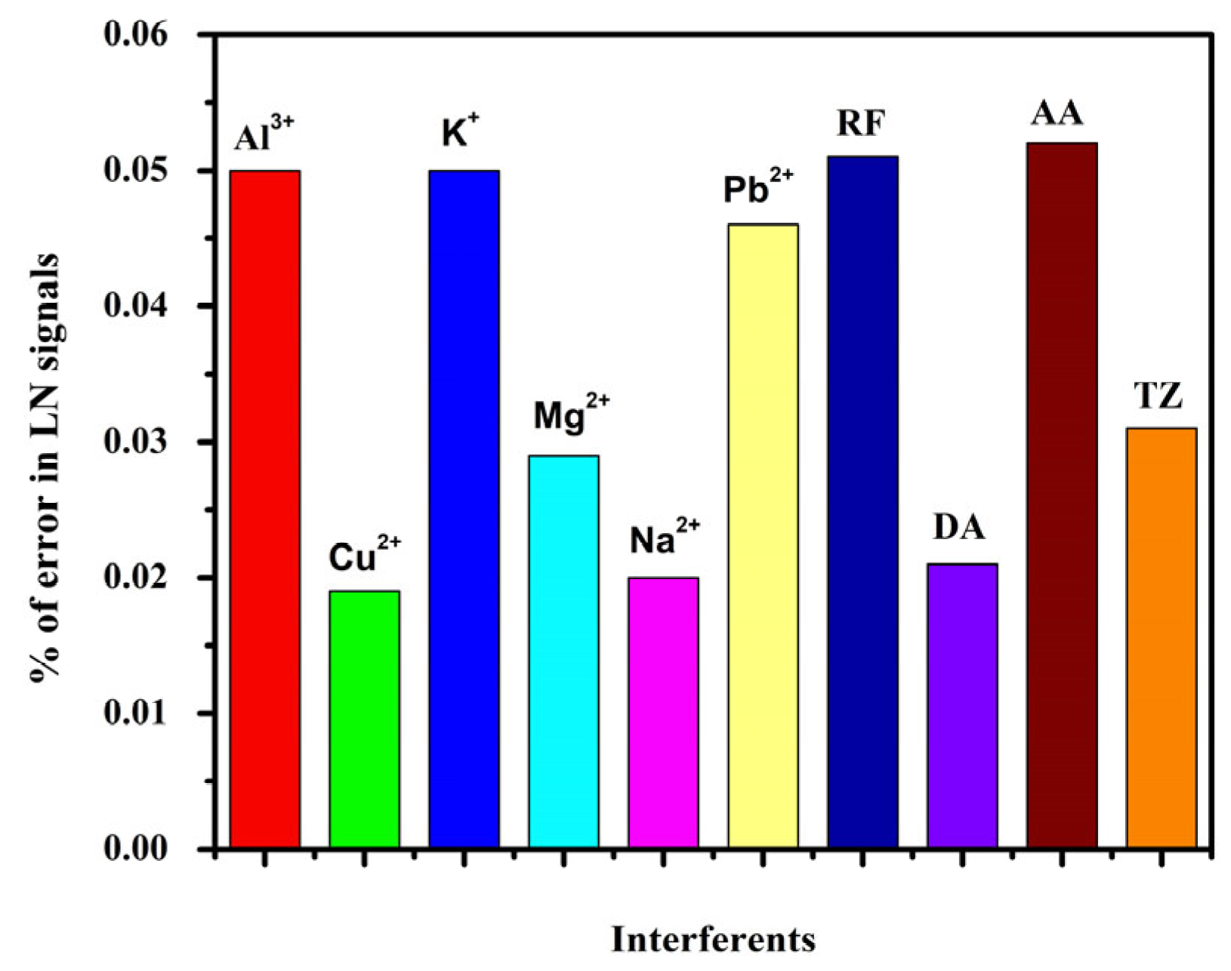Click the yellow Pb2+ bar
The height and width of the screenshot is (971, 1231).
[763, 535]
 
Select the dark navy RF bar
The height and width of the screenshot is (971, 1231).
[862, 501]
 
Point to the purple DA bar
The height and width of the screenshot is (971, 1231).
[962, 705]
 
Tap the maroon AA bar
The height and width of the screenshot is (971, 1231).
[1062, 495]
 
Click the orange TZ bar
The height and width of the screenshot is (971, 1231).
[1162, 637]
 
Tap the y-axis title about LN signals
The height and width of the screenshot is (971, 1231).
[44, 468]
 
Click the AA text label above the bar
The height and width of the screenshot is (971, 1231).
[1057, 114]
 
